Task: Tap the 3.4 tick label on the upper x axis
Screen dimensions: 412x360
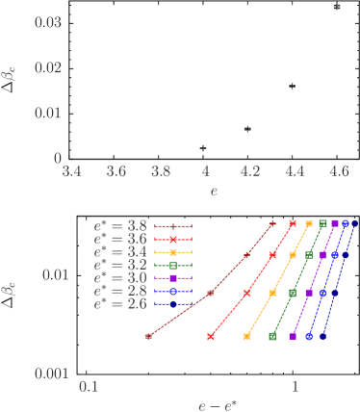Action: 71,170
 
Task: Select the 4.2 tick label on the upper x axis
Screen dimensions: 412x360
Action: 249,170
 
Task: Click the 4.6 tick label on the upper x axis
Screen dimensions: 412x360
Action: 338,170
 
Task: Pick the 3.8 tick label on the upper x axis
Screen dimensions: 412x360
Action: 161,170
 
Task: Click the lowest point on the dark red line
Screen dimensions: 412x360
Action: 148,337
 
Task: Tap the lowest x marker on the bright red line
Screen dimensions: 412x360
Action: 211,337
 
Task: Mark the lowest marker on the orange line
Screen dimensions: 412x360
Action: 247,337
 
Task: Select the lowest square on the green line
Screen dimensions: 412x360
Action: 272,337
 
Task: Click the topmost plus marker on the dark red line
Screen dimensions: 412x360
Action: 272,222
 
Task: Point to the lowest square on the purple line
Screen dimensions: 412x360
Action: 292,337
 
